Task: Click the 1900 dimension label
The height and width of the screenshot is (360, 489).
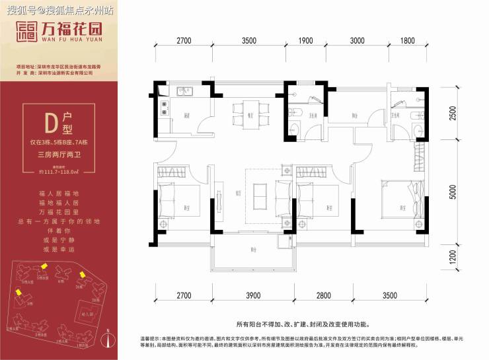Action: pyautogui.click(x=305, y=40)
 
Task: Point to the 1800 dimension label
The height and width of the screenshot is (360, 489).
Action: pyautogui.click(x=408, y=40)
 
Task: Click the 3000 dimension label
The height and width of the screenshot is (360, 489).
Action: pyautogui.click(x=357, y=40)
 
